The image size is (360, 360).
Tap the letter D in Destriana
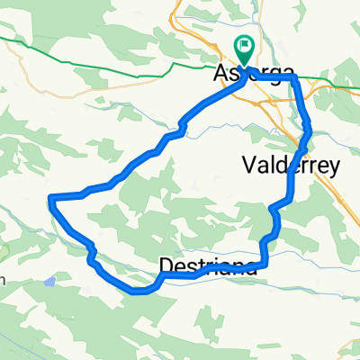166,265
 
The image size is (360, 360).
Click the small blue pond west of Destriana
50,281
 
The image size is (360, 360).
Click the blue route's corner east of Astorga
294,79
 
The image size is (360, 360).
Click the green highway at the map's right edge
355,88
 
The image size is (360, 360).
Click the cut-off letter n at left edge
3,279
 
